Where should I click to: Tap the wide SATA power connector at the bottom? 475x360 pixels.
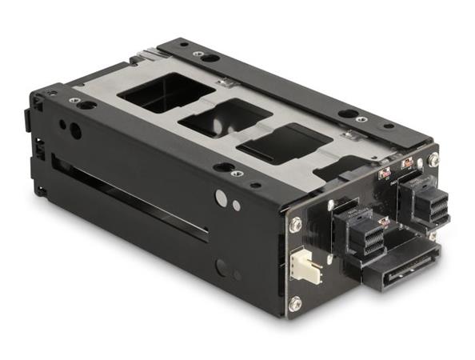pos(403,267)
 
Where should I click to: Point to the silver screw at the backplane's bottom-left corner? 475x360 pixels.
pos(295,304)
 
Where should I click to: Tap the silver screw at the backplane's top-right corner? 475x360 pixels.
pos(433,160)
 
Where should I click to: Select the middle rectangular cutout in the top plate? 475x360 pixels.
pos(223,121)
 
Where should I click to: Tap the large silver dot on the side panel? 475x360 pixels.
pos(221,196)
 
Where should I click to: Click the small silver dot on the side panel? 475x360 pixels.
pos(236,206)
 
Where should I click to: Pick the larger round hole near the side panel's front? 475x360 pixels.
pos(75,130)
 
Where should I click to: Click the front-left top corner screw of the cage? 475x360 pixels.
pos(74,100)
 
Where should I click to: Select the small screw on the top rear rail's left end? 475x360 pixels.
pos(197,54)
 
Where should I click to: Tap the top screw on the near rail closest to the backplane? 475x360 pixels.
pos(237,173)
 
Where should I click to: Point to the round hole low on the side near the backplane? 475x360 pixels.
pos(222,269)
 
